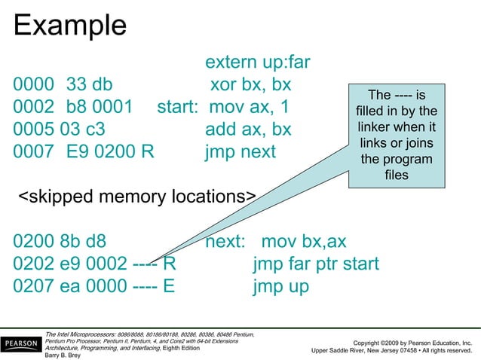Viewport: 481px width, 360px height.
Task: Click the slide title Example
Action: pyautogui.click(x=70, y=26)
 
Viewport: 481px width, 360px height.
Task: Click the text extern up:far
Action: pyautogui.click(x=258, y=62)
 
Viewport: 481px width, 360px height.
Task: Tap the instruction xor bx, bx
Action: pyautogui.click(x=250, y=84)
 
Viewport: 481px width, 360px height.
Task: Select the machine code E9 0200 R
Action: pyautogui.click(x=110, y=151)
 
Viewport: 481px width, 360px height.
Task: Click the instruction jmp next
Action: pyautogui.click(x=240, y=151)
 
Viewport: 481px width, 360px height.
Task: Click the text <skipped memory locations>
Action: pyautogui.click(x=136, y=197)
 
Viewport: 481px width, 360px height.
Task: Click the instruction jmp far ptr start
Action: pyautogui.click(x=316, y=264)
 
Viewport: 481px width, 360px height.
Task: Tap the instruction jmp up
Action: pyautogui.click(x=281, y=287)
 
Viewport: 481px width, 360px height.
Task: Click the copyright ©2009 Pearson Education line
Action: pyautogui.click(x=408, y=342)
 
